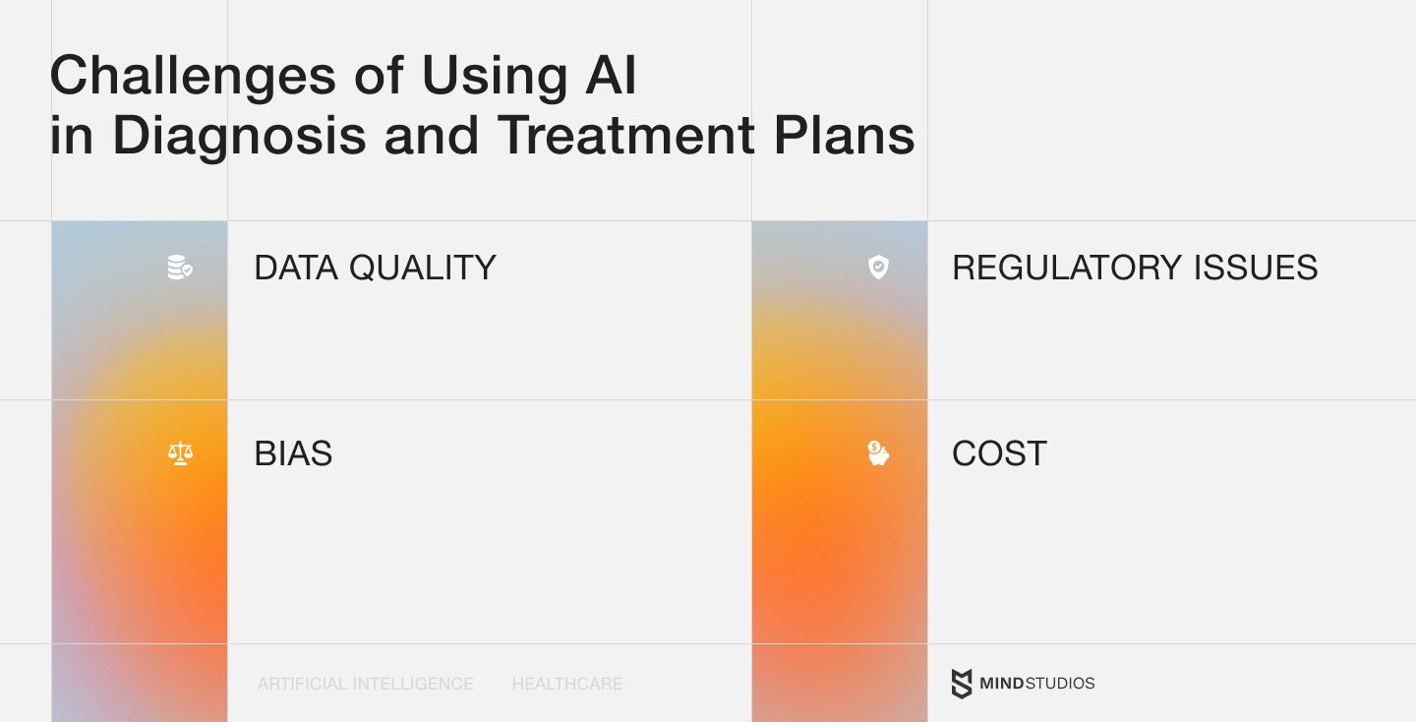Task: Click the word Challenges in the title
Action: tap(193, 77)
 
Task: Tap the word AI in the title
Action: tap(611, 75)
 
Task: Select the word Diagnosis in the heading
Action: tap(240, 137)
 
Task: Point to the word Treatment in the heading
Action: tap(625, 135)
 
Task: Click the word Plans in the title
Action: tap(844, 135)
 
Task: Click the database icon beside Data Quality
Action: tap(180, 267)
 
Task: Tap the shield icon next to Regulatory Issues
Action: tap(878, 267)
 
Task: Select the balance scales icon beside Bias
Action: tap(180, 453)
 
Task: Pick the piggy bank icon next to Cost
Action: tap(878, 453)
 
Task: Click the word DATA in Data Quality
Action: tap(296, 268)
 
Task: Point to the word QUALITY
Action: tap(422, 268)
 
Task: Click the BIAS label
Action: tap(293, 453)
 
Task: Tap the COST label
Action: tap(999, 453)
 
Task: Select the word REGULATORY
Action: tap(1067, 268)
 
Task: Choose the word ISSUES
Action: tap(1256, 268)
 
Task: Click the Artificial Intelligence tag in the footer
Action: tap(366, 684)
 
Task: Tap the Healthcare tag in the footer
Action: tap(567, 684)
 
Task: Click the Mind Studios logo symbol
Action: tap(962, 684)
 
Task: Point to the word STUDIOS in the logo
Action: tap(1060, 684)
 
